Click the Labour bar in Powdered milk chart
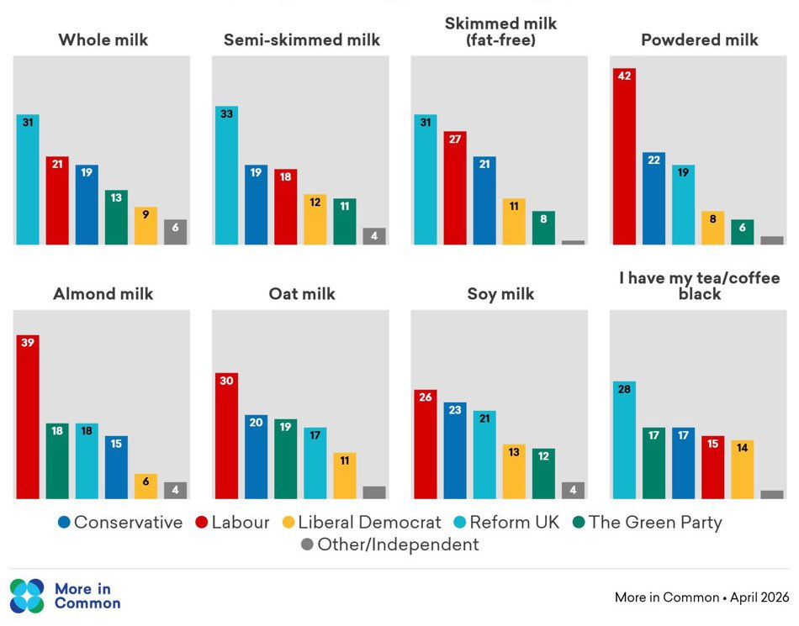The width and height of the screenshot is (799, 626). click(624, 156)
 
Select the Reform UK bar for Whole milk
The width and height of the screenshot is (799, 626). click(28, 180)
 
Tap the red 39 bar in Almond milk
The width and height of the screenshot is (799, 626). click(28, 417)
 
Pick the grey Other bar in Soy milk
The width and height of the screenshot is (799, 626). click(573, 490)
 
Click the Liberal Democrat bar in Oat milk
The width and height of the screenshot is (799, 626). click(345, 476)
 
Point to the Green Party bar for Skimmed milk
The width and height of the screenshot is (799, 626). click(543, 228)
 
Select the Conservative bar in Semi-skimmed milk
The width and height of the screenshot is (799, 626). click(257, 205)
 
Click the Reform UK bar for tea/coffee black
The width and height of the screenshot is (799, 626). click(624, 440)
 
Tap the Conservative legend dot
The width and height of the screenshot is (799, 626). click(64, 523)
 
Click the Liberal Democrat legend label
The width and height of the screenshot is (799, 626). click(371, 523)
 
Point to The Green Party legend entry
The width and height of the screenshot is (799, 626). click(646, 523)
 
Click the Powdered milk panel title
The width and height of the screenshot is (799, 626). click(699, 39)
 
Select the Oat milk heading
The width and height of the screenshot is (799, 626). click(302, 294)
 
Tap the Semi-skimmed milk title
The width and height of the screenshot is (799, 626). click(302, 39)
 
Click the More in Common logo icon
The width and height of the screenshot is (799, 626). click(27, 596)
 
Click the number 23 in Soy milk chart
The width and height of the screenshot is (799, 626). click(455, 410)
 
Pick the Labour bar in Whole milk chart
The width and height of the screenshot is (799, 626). click(57, 201)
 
